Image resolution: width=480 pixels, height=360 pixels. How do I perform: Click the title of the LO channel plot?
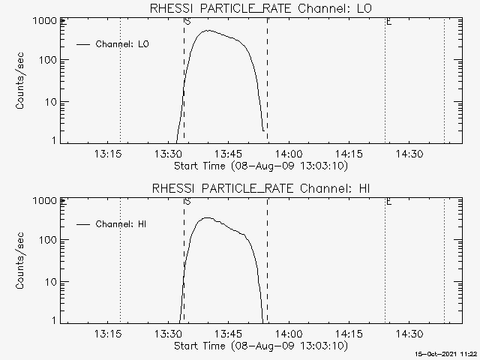click(x=261, y=8)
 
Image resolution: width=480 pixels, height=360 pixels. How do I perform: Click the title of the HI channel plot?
click(x=261, y=188)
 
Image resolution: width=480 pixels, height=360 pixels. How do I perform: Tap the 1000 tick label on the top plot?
click(x=45, y=21)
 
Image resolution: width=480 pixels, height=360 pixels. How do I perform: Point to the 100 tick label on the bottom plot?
click(x=48, y=240)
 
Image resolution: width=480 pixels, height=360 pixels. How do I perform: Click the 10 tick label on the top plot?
click(x=51, y=102)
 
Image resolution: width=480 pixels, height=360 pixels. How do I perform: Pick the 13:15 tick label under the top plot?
click(x=108, y=154)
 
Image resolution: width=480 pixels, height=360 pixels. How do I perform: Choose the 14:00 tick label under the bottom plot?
click(x=289, y=334)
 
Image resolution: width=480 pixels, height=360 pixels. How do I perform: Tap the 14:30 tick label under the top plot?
click(x=409, y=154)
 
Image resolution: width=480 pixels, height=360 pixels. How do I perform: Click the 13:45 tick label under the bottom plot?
click(x=228, y=334)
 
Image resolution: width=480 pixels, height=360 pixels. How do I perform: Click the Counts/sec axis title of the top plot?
click(x=20, y=81)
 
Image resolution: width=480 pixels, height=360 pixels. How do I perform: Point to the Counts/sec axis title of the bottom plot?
click(x=20, y=261)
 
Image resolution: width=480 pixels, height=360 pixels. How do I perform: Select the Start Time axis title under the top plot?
click(x=261, y=166)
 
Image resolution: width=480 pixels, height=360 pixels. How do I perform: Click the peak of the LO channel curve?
click(x=208, y=30)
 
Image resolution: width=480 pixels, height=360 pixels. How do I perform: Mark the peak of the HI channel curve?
click(x=208, y=217)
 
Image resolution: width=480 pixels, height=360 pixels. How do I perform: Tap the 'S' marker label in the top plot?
click(x=187, y=22)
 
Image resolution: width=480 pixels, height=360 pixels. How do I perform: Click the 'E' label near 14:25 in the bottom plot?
click(x=388, y=202)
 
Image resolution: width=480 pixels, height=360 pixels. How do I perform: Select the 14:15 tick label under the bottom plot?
click(x=349, y=334)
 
